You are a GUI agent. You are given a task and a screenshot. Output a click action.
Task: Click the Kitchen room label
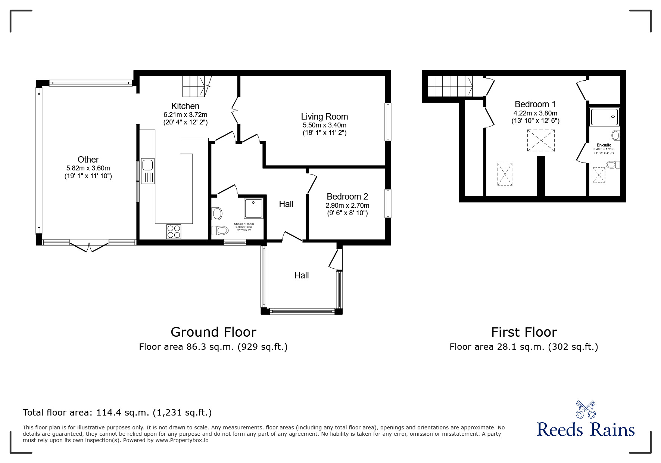(x=185, y=106)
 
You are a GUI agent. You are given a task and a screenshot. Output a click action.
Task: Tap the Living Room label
(x=324, y=117)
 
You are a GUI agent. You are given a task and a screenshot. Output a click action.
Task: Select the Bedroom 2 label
(x=347, y=197)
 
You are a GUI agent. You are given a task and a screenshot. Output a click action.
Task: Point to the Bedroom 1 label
(x=532, y=104)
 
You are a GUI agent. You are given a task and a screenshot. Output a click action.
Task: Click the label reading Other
(x=88, y=160)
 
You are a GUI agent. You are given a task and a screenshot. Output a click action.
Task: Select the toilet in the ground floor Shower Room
(x=220, y=230)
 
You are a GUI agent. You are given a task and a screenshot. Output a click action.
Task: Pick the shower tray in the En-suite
(x=605, y=117)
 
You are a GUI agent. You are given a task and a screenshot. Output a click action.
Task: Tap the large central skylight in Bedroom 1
(x=541, y=141)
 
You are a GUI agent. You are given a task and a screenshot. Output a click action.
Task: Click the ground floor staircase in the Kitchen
(x=196, y=85)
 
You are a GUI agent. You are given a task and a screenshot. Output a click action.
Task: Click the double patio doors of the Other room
(x=89, y=247)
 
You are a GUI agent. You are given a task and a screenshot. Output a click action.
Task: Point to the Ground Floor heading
(x=213, y=332)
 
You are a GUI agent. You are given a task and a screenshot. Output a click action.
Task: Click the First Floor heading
(x=524, y=332)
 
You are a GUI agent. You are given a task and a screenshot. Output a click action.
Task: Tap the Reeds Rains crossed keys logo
(x=585, y=409)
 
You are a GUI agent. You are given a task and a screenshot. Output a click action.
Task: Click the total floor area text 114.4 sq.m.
(x=117, y=413)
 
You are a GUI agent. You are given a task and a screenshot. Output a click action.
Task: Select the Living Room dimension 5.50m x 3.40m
(x=324, y=125)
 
